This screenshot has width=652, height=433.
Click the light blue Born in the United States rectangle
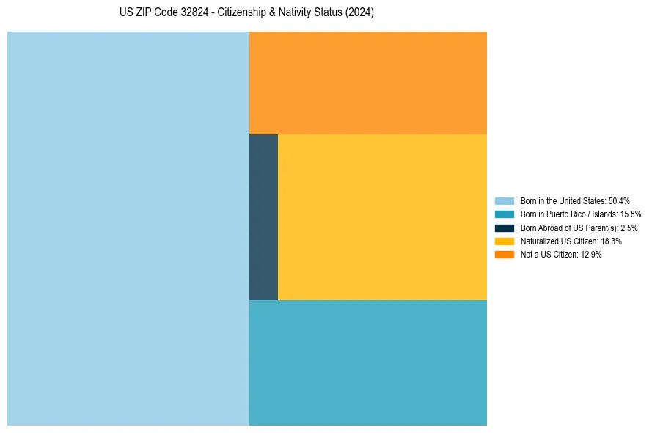click(x=128, y=228)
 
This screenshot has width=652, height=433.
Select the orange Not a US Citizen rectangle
click(x=367, y=82)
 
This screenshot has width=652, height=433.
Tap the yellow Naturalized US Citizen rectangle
click(x=382, y=216)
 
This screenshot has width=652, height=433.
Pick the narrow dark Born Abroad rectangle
click(x=263, y=216)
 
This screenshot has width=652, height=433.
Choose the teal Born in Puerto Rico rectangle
click(x=367, y=363)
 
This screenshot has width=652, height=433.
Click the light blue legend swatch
click(x=505, y=200)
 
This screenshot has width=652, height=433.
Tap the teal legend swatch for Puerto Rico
click(x=505, y=214)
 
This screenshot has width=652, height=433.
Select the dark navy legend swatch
click(x=505, y=228)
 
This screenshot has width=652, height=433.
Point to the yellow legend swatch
click(x=505, y=241)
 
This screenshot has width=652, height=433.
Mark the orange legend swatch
click(x=505, y=254)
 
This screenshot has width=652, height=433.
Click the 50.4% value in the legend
click(x=619, y=200)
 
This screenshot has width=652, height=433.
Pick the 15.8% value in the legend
click(x=630, y=214)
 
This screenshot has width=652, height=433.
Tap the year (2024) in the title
click(x=359, y=12)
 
